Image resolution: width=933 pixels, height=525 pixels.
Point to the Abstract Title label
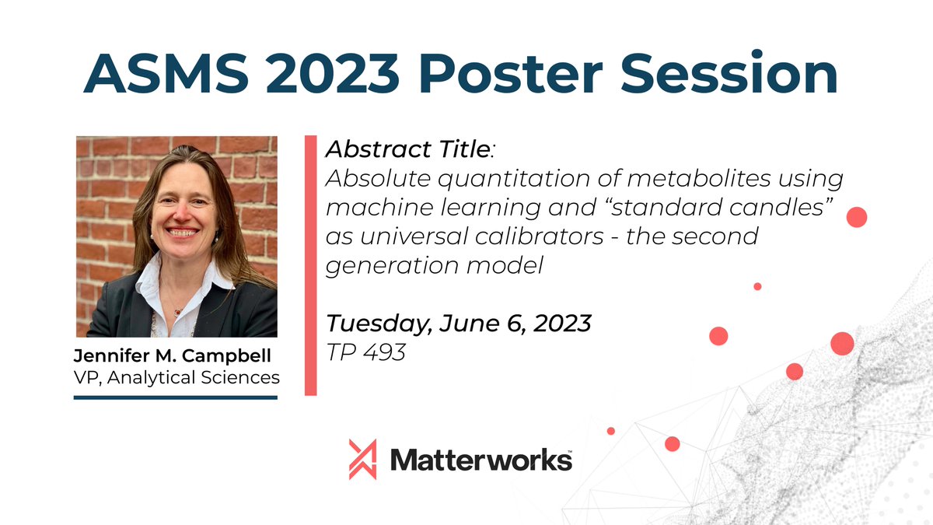408,149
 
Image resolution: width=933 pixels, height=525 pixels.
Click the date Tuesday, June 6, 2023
458,323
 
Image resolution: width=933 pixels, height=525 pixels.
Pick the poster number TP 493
365,352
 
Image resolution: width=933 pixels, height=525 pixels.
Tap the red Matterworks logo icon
363,459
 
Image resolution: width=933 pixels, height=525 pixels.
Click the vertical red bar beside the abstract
310,265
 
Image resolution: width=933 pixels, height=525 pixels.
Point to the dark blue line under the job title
175,397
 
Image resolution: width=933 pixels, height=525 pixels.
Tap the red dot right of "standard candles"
856,217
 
